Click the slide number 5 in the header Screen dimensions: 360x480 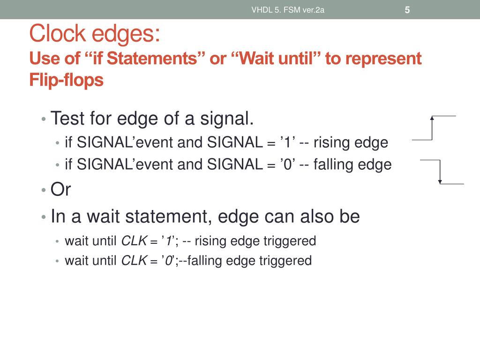point(407,10)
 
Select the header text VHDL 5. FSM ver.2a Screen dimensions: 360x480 point(288,10)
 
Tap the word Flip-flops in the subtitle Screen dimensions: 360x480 point(66,80)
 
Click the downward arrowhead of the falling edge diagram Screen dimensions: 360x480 point(440,181)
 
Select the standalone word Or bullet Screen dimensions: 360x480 point(60,190)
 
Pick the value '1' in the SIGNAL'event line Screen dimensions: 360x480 point(285,142)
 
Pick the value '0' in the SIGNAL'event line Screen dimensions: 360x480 point(286,165)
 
